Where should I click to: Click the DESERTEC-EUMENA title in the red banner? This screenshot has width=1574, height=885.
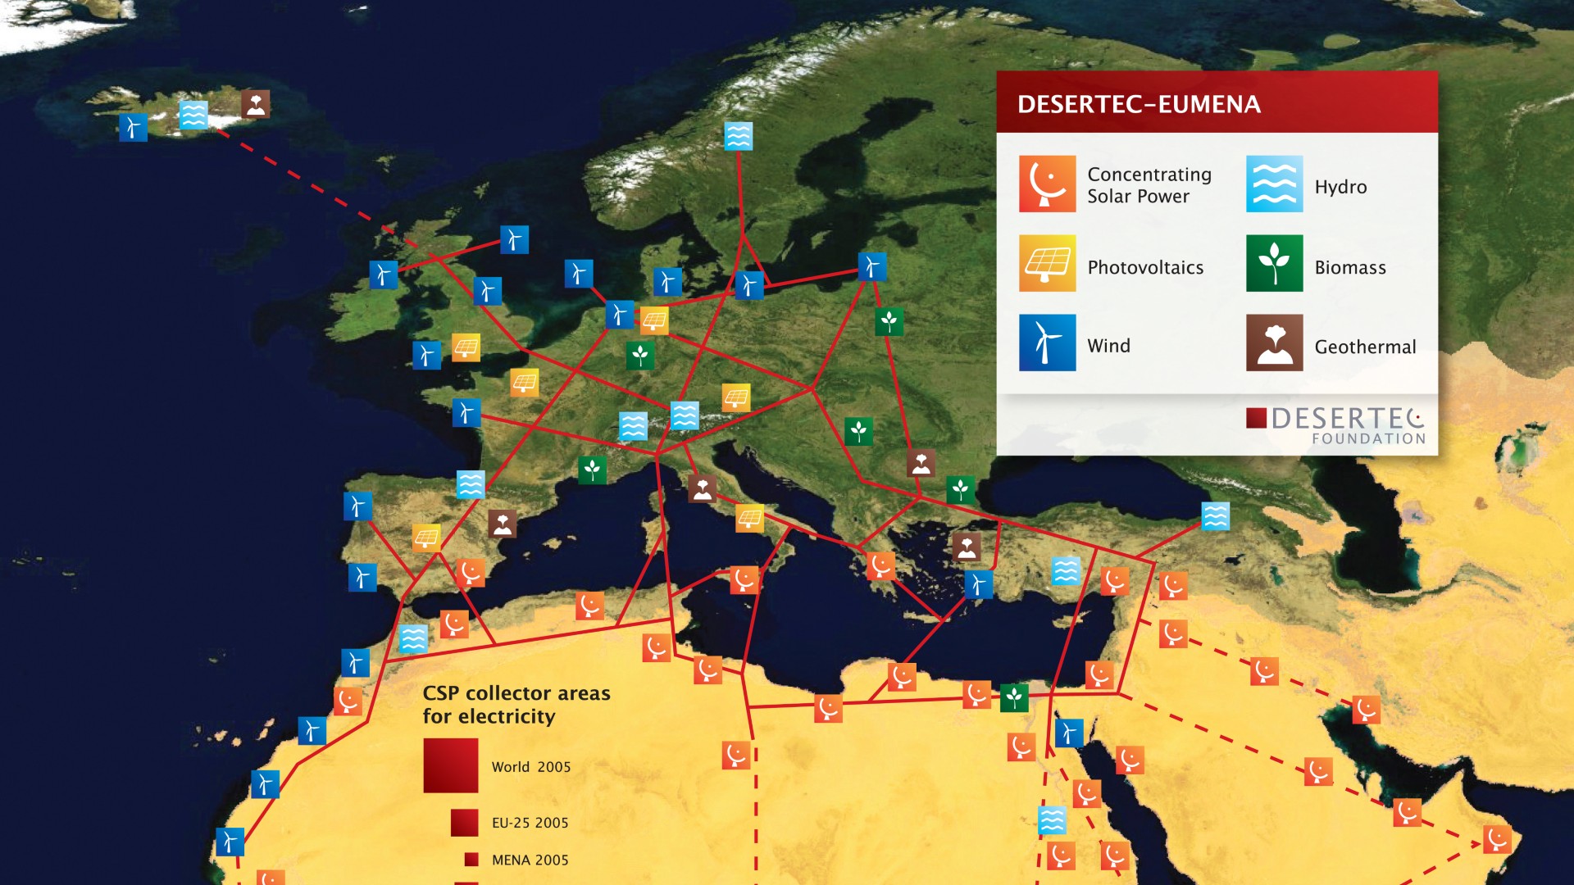point(1139,104)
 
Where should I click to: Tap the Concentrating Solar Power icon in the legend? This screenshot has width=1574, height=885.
point(1047,184)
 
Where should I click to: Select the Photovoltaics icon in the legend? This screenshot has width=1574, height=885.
point(1047,263)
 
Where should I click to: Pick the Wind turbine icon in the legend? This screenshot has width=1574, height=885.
point(1047,343)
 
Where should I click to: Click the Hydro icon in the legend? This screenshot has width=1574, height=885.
point(1274,184)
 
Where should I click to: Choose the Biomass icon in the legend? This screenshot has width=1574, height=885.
point(1274,263)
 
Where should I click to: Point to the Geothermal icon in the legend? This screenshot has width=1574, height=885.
point(1274,343)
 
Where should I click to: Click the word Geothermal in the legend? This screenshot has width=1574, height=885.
point(1365,347)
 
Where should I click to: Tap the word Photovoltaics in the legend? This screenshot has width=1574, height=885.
point(1145,267)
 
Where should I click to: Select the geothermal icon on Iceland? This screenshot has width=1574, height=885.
point(255,104)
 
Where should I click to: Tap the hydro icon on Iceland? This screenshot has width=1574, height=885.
point(193,115)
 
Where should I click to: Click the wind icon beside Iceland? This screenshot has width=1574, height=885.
point(133,127)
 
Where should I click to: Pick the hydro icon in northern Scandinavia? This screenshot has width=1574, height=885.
point(738,136)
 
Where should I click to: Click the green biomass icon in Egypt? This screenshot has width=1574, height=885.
point(1014,697)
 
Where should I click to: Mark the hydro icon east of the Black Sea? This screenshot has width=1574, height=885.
point(1215,515)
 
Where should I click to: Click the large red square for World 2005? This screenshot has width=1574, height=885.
point(450,765)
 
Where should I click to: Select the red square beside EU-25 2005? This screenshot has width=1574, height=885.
point(464,822)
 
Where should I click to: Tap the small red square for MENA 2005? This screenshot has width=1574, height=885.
point(471,859)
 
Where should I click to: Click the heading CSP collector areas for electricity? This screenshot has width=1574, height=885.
point(516,705)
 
